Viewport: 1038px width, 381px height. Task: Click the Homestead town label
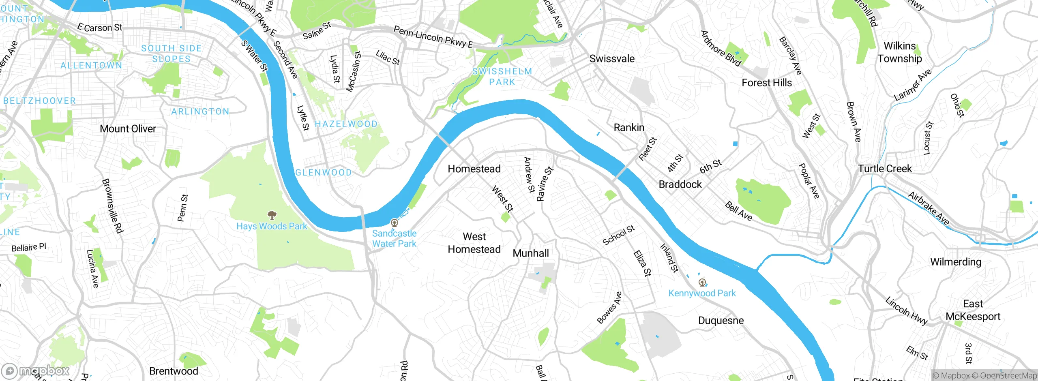click(474, 169)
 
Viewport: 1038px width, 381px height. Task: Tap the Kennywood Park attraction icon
click(702, 283)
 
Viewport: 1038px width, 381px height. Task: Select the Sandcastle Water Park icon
click(394, 223)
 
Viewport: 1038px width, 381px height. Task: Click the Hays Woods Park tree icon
click(272, 215)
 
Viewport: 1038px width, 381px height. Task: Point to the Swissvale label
click(612, 59)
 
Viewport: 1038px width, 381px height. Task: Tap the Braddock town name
click(680, 184)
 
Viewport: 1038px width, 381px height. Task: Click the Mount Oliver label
click(128, 129)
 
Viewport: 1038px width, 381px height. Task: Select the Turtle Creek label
click(885, 169)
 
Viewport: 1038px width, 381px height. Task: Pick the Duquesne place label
click(721, 321)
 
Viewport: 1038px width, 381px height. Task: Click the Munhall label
click(531, 253)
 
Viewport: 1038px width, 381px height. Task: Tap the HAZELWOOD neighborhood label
click(346, 124)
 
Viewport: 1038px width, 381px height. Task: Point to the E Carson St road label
click(100, 28)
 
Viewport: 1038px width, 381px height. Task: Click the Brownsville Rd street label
click(112, 205)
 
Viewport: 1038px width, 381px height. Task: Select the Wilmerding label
click(956, 262)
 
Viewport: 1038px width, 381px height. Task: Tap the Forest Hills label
click(767, 83)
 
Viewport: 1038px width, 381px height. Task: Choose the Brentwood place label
click(174, 371)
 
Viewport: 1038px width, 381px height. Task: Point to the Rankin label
click(629, 128)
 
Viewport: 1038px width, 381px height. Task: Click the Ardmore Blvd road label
click(721, 49)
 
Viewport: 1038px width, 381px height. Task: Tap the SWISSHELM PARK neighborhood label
click(502, 77)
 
